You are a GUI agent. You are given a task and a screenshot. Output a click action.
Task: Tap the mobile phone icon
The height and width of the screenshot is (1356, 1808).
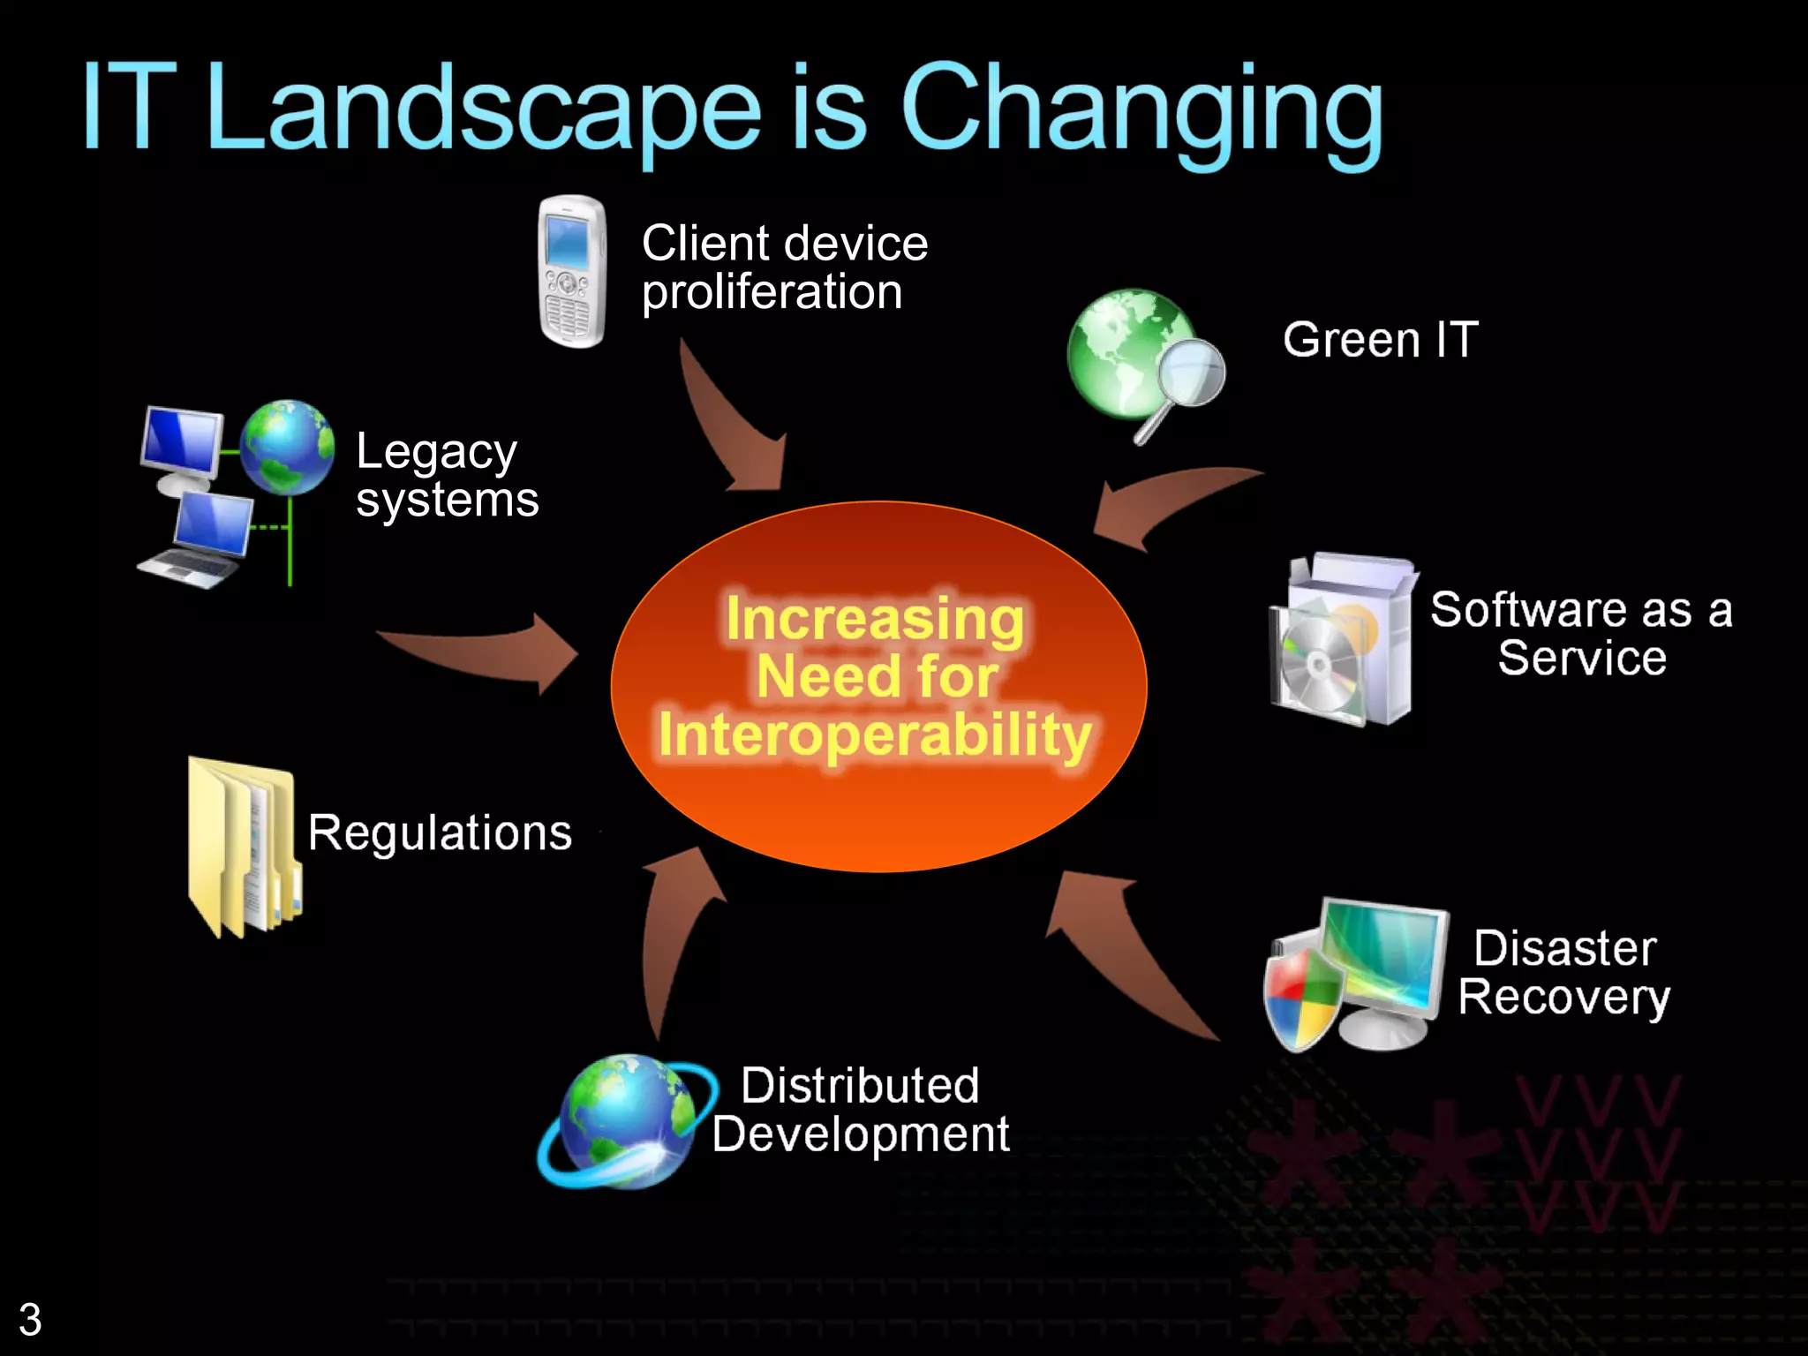572,271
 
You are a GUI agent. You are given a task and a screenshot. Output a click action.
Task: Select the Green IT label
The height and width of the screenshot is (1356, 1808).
1380,340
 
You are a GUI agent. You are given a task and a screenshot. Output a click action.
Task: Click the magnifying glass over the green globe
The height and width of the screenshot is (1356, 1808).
1188,375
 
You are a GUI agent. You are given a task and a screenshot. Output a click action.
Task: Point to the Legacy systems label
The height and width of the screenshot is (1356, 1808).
446,475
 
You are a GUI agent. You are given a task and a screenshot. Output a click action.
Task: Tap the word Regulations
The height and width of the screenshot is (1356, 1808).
440,832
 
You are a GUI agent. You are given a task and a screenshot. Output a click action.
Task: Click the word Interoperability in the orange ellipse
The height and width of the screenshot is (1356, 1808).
875,735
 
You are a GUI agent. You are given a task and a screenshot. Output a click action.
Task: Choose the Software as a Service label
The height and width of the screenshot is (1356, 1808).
1581,634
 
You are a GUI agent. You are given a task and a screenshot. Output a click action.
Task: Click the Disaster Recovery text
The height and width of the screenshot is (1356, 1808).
1564,973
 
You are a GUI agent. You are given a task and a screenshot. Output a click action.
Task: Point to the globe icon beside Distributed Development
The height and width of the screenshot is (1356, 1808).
625,1121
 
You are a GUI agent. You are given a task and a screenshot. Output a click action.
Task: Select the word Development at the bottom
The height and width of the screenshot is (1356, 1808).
861,1134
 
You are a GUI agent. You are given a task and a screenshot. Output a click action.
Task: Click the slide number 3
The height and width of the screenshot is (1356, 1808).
30,1320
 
